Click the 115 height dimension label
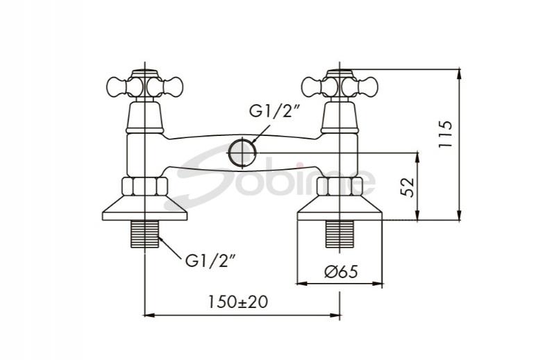(x=446, y=135)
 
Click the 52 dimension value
(x=408, y=187)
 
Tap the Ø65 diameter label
(x=341, y=272)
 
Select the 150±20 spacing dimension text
(x=238, y=302)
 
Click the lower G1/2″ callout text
(x=211, y=260)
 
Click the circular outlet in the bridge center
(x=242, y=152)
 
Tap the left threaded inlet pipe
(x=144, y=234)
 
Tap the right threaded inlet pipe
(x=339, y=234)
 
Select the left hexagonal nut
(x=144, y=187)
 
